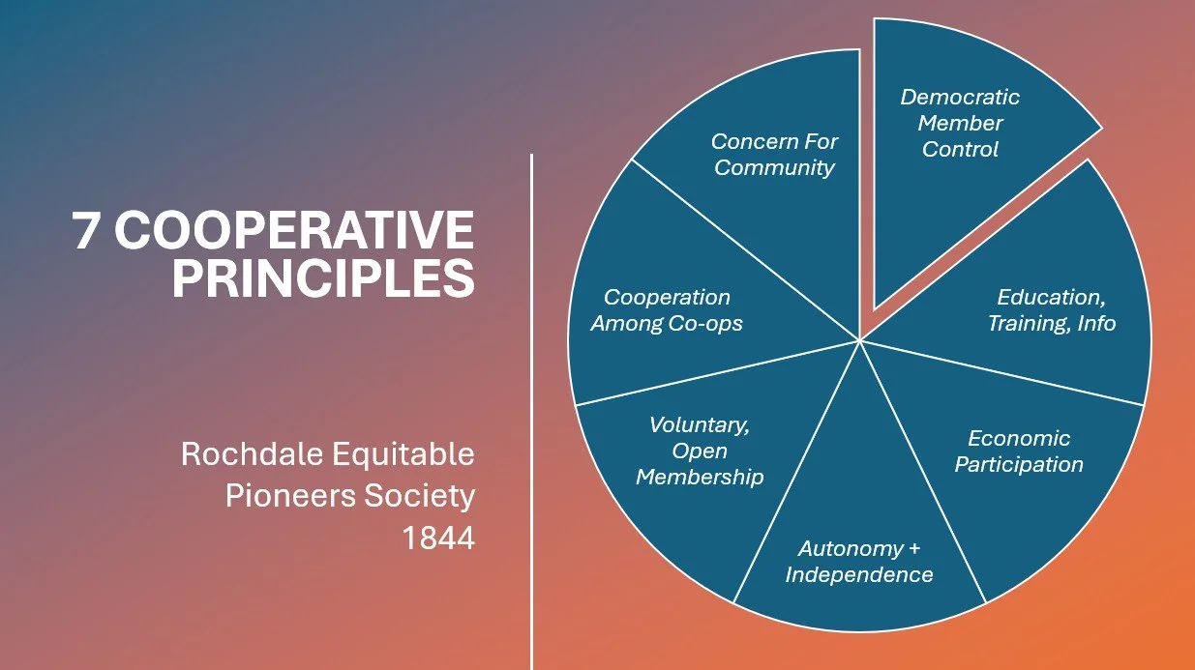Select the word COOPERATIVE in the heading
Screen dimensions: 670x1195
(300, 231)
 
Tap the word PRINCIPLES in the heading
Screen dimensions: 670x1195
(323, 277)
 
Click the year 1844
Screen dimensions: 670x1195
(438, 539)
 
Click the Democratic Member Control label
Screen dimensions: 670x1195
(960, 123)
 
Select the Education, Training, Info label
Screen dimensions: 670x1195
(1051, 309)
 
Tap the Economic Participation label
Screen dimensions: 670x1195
(1019, 452)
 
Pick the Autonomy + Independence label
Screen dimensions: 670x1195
(859, 562)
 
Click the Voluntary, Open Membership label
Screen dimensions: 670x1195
(700, 451)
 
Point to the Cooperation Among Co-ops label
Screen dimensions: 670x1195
(667, 310)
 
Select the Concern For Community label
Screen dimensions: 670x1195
(774, 154)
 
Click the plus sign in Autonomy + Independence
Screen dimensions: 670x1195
(913, 549)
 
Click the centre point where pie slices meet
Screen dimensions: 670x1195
(859, 340)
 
